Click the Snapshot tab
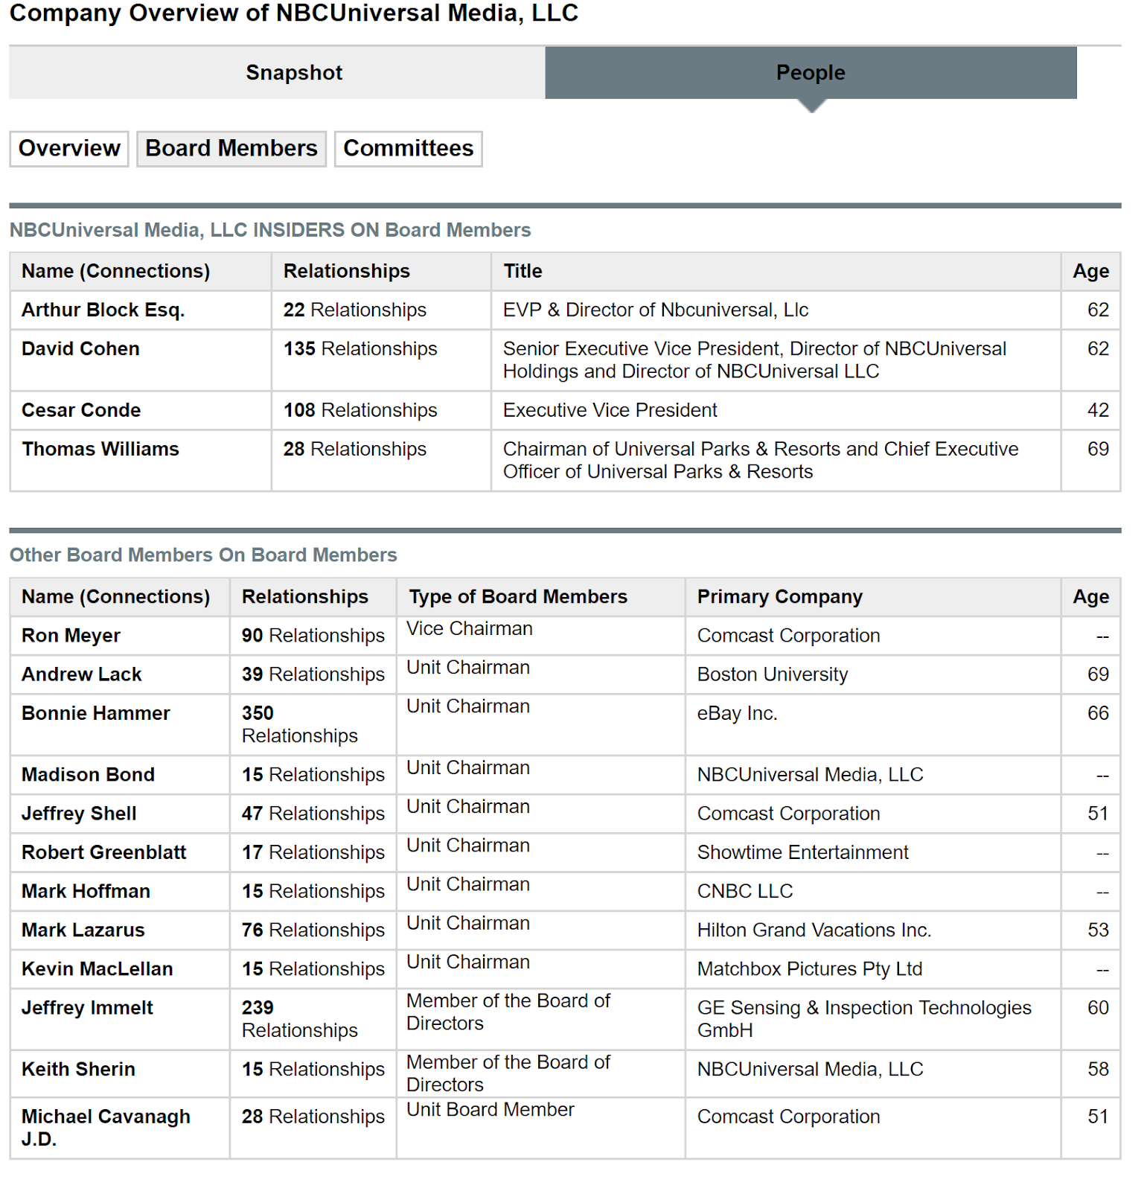294,73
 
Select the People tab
811,73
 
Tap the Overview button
69,148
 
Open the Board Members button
231,148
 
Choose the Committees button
408,148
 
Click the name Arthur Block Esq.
103,310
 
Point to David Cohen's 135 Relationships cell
360,348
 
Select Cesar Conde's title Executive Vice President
610,410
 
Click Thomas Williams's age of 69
1098,449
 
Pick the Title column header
523,271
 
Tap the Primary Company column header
779,596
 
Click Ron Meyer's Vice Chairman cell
470,629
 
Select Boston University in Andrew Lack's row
772,674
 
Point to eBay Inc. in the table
737,713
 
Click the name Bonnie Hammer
96,713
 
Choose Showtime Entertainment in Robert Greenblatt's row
802,852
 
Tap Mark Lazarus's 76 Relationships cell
313,930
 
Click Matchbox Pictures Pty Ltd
809,968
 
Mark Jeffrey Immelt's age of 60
1098,1007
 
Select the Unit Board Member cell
491,1110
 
